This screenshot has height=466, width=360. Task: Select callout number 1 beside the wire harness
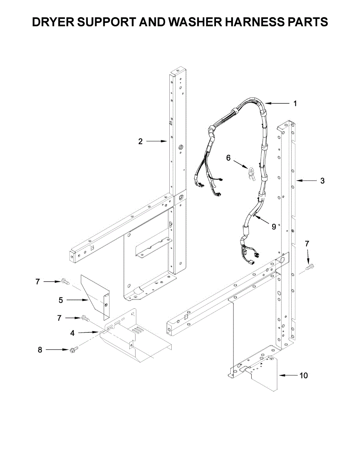pyautogui.click(x=295, y=104)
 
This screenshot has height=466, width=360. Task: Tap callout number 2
pyautogui.click(x=141, y=142)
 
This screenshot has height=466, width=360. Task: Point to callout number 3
pyautogui.click(x=322, y=181)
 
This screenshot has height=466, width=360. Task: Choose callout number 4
pyautogui.click(x=72, y=333)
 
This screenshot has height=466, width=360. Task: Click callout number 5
pyautogui.click(x=61, y=300)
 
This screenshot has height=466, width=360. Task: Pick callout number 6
pyautogui.click(x=228, y=158)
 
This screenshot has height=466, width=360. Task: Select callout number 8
pyautogui.click(x=40, y=350)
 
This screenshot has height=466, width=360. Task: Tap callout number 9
pyautogui.click(x=274, y=226)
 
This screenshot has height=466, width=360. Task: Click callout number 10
pyautogui.click(x=303, y=376)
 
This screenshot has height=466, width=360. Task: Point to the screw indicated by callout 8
pyautogui.click(x=72, y=350)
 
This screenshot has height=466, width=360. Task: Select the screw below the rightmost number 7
pyautogui.click(x=310, y=267)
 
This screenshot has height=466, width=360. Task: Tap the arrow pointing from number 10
pyautogui.click(x=287, y=376)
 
